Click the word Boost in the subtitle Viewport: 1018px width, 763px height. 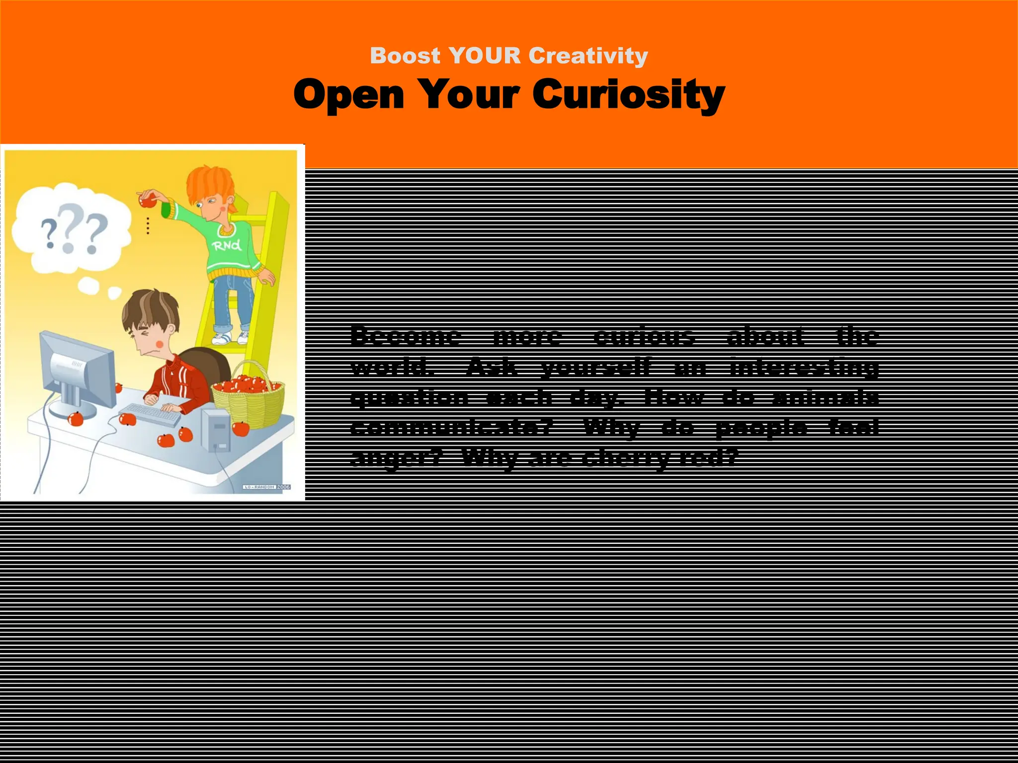405,56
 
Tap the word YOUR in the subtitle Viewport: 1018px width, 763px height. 485,56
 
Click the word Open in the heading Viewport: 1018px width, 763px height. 348,94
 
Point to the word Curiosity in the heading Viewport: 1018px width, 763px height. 628,94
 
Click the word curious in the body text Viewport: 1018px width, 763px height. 644,336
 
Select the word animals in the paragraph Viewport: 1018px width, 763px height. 826,397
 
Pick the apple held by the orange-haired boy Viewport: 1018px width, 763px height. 147,200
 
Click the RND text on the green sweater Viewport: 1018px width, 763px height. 227,245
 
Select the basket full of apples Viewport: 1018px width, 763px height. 249,397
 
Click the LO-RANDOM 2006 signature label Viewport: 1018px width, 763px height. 266,487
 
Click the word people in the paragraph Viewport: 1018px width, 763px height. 761,427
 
